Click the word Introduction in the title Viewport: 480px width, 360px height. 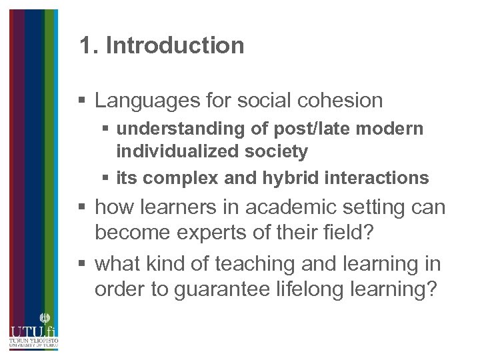coord(175,45)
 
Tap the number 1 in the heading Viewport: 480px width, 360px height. coord(85,45)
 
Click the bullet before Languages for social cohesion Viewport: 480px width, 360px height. coord(82,101)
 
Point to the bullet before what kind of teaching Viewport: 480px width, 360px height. coord(82,265)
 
